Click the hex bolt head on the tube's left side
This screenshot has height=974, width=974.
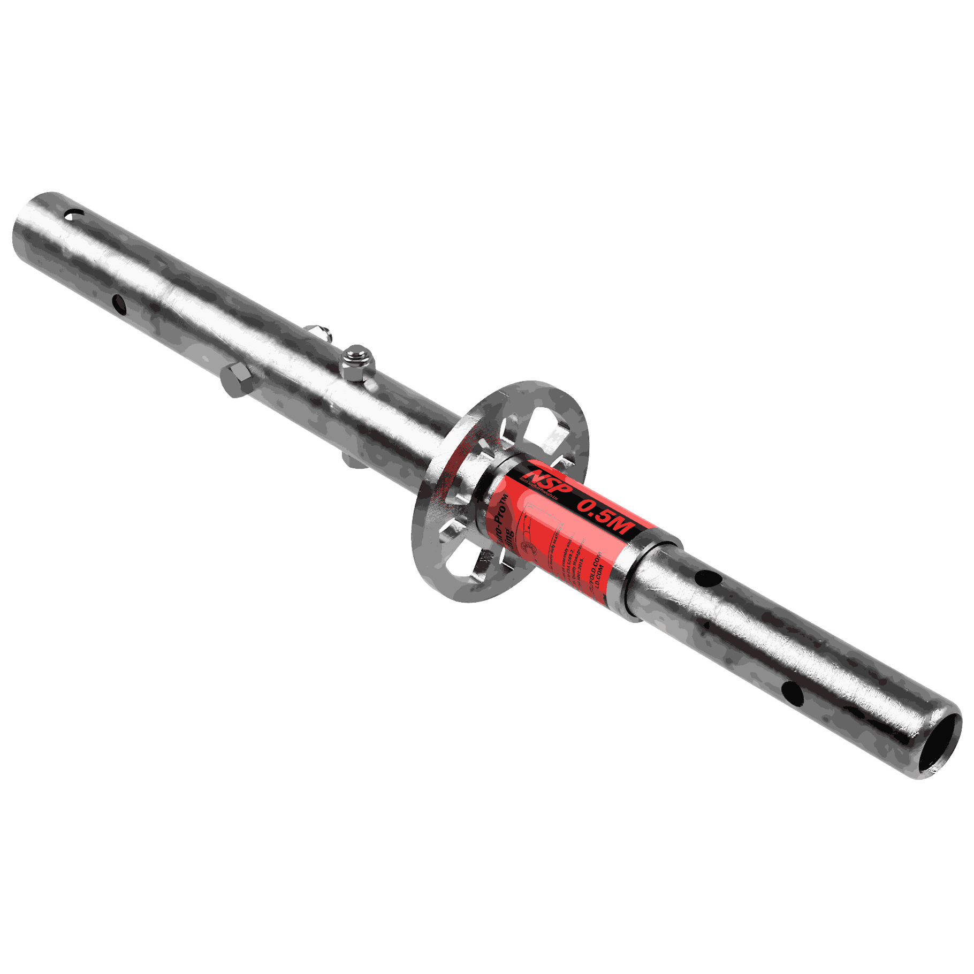coord(235,379)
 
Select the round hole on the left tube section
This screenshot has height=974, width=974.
coord(119,304)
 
